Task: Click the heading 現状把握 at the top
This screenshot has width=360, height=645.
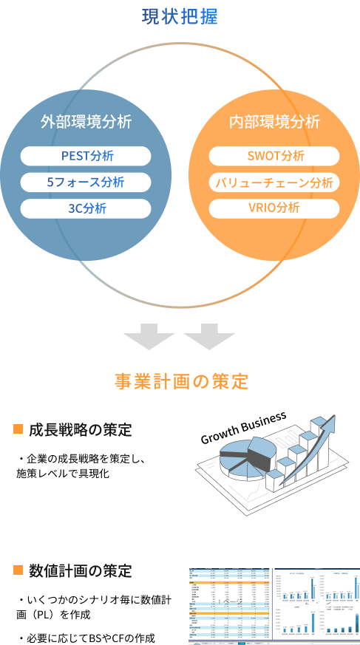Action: click(x=180, y=16)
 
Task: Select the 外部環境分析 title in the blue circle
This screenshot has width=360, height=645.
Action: click(x=86, y=122)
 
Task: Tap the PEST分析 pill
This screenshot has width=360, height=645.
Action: click(x=86, y=156)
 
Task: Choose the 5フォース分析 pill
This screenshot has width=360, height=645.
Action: click(x=86, y=182)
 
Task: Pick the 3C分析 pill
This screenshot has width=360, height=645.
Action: click(x=86, y=208)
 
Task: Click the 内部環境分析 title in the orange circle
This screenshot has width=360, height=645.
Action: click(x=274, y=122)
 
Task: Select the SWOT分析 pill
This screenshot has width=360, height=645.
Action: click(x=274, y=156)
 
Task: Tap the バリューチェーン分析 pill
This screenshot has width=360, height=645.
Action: click(x=274, y=182)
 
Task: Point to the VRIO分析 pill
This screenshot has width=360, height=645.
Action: click(x=274, y=208)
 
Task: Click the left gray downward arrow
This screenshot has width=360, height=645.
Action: click(x=149, y=337)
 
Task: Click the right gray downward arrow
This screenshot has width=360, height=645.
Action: click(x=209, y=337)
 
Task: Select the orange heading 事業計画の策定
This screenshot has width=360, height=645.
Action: click(x=180, y=381)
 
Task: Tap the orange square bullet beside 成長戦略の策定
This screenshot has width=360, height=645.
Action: click(x=18, y=429)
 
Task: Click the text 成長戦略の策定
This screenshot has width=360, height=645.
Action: click(x=81, y=429)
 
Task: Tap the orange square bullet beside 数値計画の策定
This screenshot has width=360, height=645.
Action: click(x=18, y=570)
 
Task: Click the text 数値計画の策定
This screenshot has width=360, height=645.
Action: click(x=81, y=571)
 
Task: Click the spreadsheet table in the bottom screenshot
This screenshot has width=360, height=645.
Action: click(x=229, y=602)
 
